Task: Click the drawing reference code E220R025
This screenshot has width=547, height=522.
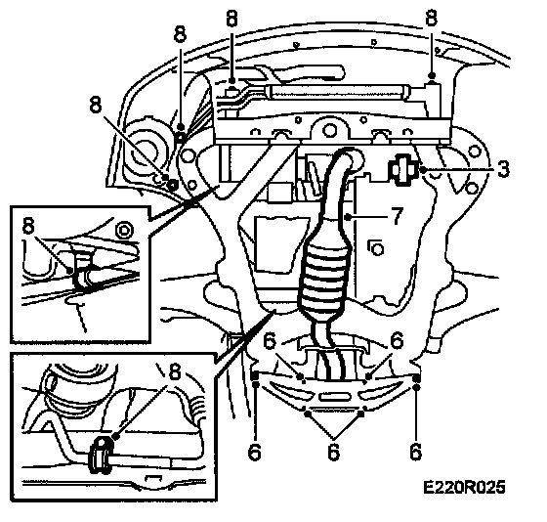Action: (464, 487)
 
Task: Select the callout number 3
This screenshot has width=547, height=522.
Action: (503, 169)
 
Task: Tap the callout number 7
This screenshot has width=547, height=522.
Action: (397, 216)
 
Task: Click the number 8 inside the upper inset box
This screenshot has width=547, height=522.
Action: (28, 226)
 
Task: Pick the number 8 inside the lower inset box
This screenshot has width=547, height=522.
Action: (175, 371)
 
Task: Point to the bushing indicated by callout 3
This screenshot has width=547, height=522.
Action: (402, 169)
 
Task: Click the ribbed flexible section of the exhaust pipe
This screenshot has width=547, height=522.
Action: (321, 277)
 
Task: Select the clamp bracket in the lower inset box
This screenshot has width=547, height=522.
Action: (101, 456)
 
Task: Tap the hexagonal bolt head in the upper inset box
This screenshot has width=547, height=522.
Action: (122, 230)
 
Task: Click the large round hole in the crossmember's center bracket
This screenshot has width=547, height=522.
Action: (328, 130)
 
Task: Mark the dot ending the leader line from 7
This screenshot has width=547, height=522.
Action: (348, 217)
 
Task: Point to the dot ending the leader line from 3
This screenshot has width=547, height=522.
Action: (423, 170)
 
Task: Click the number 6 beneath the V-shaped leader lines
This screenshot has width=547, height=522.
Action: (333, 452)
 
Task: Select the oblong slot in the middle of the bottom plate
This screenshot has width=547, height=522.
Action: (334, 396)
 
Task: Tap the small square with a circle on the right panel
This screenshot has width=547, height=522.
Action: (376, 248)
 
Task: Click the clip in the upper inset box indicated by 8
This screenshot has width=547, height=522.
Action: (82, 272)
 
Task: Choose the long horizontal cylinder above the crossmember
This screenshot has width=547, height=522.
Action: (338, 92)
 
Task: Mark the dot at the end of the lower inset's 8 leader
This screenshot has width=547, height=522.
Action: (116, 436)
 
